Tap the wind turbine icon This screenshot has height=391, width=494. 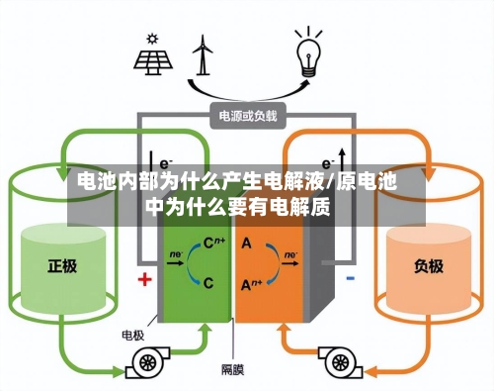[x=204, y=55]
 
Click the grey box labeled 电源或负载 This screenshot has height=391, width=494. [x=248, y=116]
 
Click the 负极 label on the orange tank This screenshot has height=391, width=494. [x=429, y=265]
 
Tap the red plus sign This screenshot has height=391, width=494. [x=144, y=279]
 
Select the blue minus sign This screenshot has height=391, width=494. [x=351, y=279]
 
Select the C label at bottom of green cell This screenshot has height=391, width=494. [x=208, y=282]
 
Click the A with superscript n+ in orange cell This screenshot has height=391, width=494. [x=251, y=283]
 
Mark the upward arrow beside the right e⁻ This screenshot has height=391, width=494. [x=343, y=158]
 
